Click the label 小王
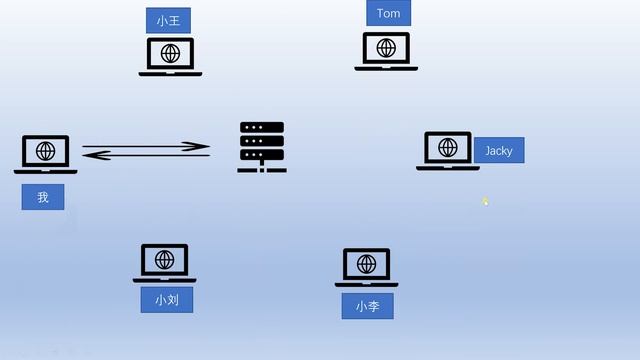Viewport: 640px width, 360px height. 169,19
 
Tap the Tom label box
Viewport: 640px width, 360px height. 388,13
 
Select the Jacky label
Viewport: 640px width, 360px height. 498,151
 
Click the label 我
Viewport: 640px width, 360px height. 43,197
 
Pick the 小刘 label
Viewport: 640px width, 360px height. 166,299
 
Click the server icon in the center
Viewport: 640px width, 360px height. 262,147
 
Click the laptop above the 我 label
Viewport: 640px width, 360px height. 46,154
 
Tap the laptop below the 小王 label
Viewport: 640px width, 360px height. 170,56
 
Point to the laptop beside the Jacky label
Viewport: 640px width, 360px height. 447,151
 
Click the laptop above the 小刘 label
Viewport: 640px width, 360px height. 165,263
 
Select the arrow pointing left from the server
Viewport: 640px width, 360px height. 146,155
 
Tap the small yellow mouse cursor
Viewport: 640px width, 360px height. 485,201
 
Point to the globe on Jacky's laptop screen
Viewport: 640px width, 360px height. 448,147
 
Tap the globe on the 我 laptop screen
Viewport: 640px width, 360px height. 46,150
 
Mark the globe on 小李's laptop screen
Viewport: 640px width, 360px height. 367,263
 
